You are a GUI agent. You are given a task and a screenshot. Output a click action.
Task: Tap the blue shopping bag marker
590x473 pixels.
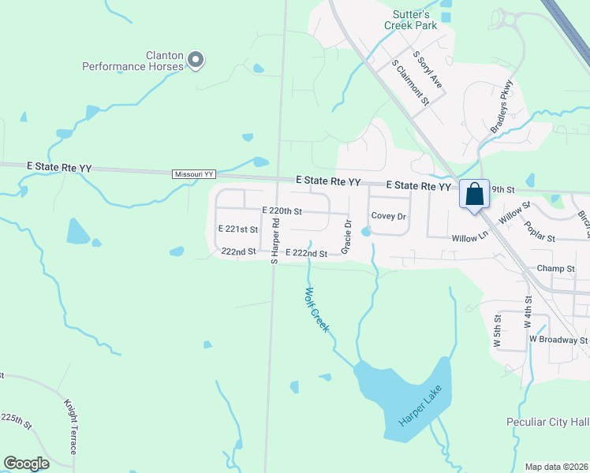coord(474,195)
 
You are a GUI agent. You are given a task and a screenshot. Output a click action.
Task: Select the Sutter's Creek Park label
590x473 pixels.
coord(410,20)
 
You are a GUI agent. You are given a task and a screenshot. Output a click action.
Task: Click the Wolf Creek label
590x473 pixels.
coord(316,309)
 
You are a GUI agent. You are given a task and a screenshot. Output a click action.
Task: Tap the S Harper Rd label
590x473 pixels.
coord(275,240)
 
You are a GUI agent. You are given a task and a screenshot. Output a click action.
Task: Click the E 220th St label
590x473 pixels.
coord(282,211)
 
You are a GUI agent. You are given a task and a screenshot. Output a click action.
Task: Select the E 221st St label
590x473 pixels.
coord(238,229)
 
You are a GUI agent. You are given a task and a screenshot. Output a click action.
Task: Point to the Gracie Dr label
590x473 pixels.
coord(345,236)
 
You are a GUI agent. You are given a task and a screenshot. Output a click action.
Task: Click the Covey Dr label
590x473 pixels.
coord(388,216)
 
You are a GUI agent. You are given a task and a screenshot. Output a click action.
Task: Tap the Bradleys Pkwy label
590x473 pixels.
coord(502,106)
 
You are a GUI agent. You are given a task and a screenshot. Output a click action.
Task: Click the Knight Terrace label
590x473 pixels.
coord(70,425)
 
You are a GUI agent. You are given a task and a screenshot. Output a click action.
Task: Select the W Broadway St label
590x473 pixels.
coord(558,340)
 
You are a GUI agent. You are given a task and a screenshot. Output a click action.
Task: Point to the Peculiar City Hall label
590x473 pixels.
coord(547,423)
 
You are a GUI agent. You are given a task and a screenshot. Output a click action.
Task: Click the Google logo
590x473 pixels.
coord(27,464)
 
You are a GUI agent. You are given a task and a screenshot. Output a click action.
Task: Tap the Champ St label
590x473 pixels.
coord(555,269)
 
